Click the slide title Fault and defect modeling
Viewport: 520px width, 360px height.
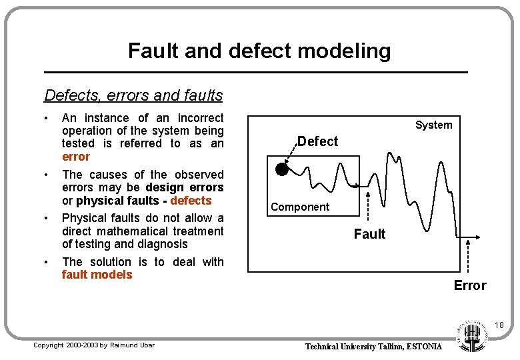(x=259, y=51)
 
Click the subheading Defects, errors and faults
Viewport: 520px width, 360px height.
(x=133, y=95)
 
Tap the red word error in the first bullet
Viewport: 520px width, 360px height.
(x=75, y=157)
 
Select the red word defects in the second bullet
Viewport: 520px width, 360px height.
(x=191, y=201)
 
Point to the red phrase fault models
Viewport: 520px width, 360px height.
(x=97, y=275)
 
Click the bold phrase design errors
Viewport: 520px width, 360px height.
(x=185, y=187)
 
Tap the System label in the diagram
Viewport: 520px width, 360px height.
(x=433, y=125)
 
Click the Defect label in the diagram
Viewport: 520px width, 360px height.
(x=317, y=141)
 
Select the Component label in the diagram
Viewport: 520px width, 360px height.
(x=300, y=207)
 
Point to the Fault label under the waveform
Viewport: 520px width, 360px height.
(x=369, y=234)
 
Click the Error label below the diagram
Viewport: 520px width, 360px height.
(x=470, y=285)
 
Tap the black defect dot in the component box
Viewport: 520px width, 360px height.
(x=281, y=170)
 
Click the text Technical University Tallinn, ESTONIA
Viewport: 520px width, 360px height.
(x=373, y=347)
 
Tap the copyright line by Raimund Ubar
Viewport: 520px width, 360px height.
(x=94, y=345)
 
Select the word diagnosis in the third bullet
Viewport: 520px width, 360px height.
(x=163, y=244)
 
